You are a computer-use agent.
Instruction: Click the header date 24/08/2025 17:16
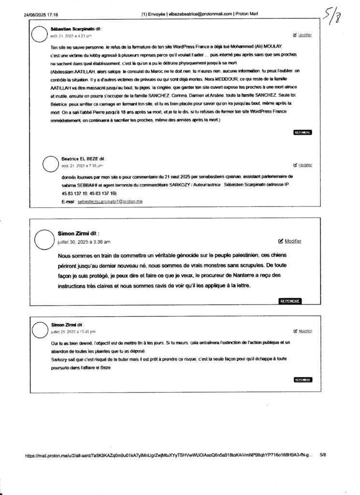click(41, 15)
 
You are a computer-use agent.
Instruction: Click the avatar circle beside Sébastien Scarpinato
click(40, 34)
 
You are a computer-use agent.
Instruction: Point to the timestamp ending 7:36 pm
click(82, 165)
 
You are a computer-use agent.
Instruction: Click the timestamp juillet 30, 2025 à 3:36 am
click(84, 242)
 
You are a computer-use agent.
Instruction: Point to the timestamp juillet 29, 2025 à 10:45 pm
click(73, 332)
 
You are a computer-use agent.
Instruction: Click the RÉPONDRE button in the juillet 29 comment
click(302, 380)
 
